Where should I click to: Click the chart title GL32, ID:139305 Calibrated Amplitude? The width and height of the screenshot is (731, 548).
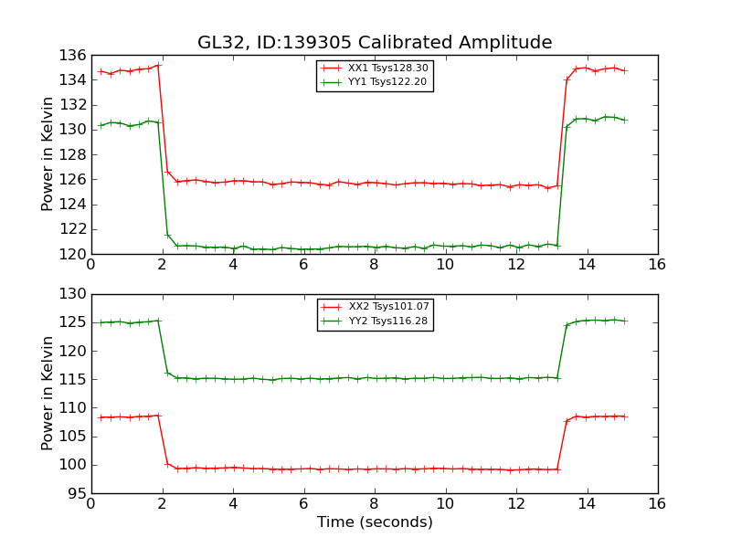click(x=375, y=43)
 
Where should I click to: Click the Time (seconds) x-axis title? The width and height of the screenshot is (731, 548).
click(x=375, y=522)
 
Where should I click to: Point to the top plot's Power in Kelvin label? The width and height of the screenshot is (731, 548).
click(x=48, y=154)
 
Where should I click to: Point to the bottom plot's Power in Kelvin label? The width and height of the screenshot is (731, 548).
click(x=48, y=394)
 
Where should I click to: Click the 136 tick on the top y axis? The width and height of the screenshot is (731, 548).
click(x=76, y=55)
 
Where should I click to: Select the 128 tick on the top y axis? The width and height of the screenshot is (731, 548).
click(x=76, y=154)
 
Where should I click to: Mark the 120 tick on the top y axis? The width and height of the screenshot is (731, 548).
click(x=76, y=254)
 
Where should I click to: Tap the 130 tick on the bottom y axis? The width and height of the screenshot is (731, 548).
click(x=76, y=294)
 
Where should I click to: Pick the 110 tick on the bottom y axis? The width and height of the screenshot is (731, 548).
click(x=76, y=407)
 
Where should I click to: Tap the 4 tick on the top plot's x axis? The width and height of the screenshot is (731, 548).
click(x=233, y=265)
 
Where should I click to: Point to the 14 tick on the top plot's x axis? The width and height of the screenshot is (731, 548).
click(x=587, y=265)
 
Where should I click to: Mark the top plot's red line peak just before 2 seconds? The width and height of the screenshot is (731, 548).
click(x=158, y=65)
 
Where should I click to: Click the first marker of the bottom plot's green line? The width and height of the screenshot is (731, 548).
click(x=101, y=322)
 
